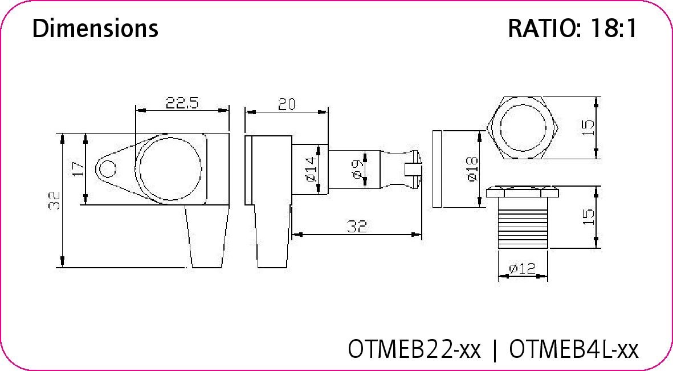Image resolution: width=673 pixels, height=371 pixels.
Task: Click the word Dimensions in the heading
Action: pyautogui.click(x=95, y=28)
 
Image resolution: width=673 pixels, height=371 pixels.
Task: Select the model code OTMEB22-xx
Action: pyautogui.click(x=414, y=348)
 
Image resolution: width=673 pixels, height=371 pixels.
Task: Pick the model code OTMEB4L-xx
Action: pyautogui.click(x=573, y=348)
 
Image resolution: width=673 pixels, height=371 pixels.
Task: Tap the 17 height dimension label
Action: pyautogui.click(x=78, y=169)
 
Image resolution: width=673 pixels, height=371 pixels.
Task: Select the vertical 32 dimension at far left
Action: pyautogui.click(x=54, y=200)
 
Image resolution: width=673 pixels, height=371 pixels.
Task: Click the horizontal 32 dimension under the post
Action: pyautogui.click(x=356, y=226)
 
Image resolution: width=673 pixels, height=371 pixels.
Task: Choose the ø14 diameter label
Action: pyautogui.click(x=311, y=170)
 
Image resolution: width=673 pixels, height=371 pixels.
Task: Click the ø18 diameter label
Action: pyautogui.click(x=472, y=170)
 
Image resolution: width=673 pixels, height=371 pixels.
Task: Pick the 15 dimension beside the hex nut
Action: pyautogui.click(x=588, y=126)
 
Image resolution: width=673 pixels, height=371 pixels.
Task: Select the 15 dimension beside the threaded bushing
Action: pyautogui.click(x=588, y=216)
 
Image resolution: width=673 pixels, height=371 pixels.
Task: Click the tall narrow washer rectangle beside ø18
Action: pyautogui.click(x=437, y=169)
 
